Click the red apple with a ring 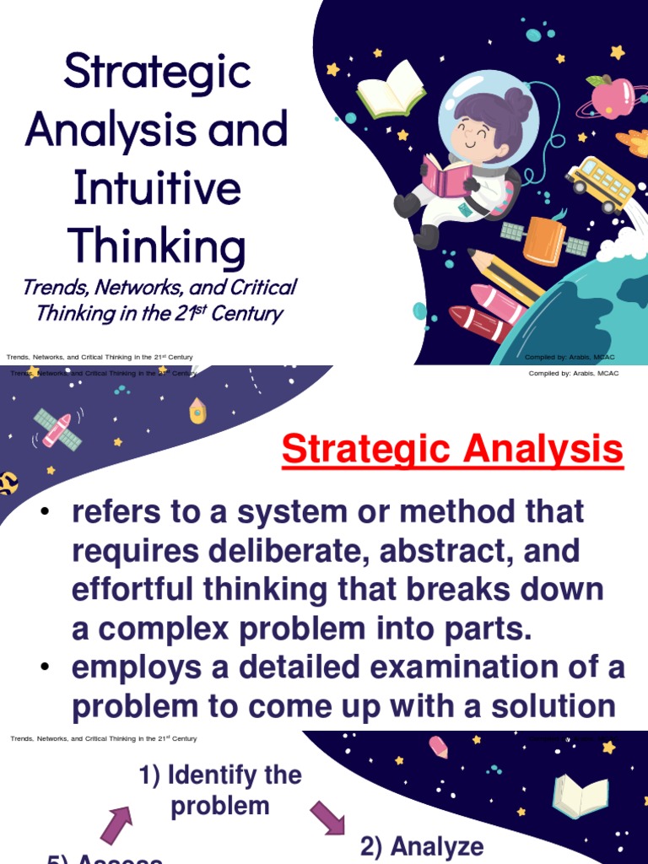coord(613,96)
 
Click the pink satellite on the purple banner coord(57,429)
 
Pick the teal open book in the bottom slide coord(580,796)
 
